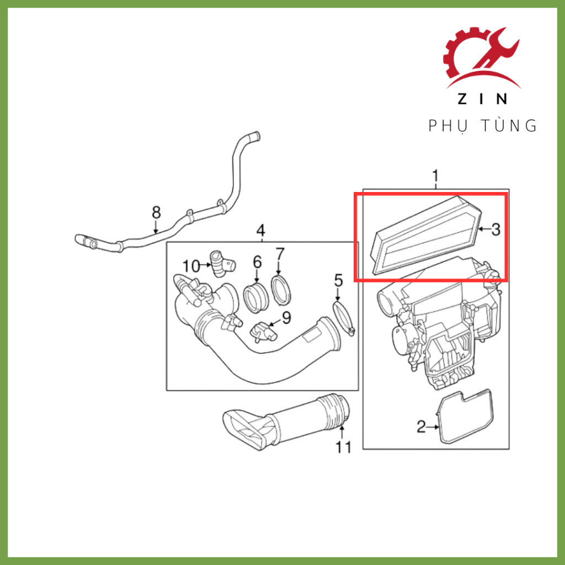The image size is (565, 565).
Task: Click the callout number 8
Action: click(x=156, y=212)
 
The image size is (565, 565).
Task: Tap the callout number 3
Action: click(x=496, y=229)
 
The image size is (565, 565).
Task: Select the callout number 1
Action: click(x=436, y=177)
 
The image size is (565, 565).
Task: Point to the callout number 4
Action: click(x=260, y=230)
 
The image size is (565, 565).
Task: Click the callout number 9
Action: click(x=286, y=318)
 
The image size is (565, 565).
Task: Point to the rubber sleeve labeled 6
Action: click(x=256, y=299)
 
